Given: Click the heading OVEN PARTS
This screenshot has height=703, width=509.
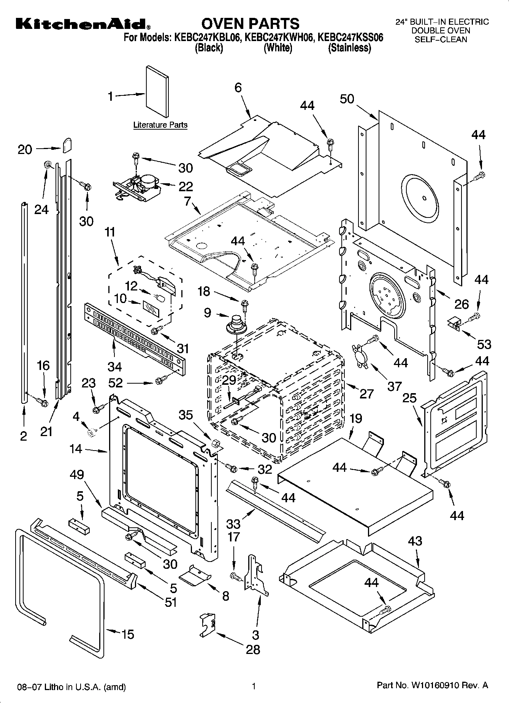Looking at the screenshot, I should [x=250, y=24].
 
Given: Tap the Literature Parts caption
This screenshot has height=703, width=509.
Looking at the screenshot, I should [x=160, y=125].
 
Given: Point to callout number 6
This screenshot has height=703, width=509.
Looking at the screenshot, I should [x=238, y=87].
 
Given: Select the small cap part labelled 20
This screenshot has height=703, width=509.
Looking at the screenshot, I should [x=67, y=144].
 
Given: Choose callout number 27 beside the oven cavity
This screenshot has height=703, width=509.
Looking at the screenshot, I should [x=366, y=394].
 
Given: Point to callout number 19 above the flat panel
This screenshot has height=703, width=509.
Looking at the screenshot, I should [x=355, y=419].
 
